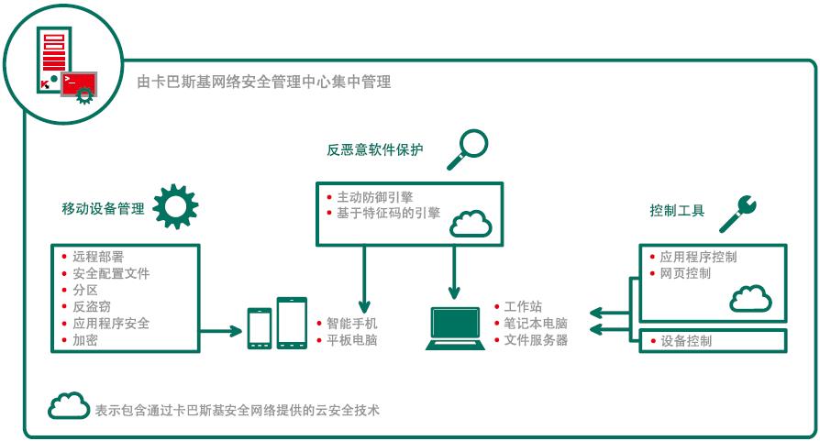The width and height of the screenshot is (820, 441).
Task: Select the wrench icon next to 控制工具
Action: (738, 212)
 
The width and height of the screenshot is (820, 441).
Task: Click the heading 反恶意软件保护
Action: (375, 149)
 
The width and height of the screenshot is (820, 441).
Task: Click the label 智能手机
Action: (352, 324)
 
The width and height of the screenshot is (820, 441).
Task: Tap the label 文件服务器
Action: (537, 340)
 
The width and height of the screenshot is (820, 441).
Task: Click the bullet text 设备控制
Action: (686, 341)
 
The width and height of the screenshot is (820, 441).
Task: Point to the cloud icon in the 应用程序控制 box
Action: (748, 300)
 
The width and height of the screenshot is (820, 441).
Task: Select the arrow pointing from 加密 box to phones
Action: (222, 328)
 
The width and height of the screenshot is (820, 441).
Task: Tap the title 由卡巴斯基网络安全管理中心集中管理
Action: (264, 83)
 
